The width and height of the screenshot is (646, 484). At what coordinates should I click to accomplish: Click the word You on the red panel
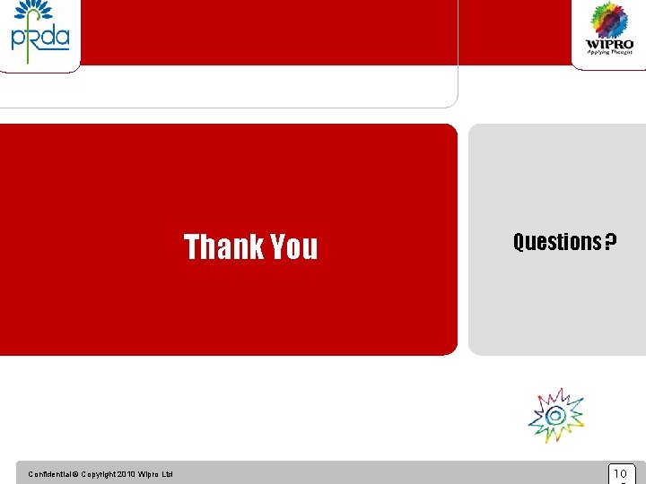(293, 246)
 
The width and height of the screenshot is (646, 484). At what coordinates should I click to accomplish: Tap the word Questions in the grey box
(556, 242)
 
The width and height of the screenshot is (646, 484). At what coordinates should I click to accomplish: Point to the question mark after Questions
(610, 242)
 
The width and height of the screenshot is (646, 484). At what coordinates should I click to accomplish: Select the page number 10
(620, 473)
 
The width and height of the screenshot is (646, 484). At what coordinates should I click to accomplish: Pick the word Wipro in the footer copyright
(149, 474)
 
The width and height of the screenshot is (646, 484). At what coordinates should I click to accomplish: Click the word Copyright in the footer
(98, 474)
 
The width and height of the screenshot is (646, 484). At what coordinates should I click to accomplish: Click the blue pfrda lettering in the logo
(39, 39)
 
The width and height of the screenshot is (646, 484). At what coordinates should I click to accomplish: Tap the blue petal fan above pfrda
(34, 11)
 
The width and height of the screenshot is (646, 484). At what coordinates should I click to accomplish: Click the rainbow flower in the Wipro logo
(609, 20)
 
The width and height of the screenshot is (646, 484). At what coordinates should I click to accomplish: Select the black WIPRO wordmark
(609, 44)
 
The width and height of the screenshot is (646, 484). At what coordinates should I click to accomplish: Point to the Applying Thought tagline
(609, 52)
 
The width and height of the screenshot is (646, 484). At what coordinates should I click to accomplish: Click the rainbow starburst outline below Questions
(556, 415)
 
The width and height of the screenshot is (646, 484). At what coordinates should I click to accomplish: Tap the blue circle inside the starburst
(555, 415)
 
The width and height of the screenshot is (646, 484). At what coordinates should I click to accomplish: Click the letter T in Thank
(192, 246)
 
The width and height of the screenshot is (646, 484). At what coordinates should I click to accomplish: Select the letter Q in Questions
(519, 242)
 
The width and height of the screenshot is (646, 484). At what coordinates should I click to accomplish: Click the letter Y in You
(278, 246)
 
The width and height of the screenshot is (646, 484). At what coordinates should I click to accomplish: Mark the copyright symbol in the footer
(75, 474)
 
